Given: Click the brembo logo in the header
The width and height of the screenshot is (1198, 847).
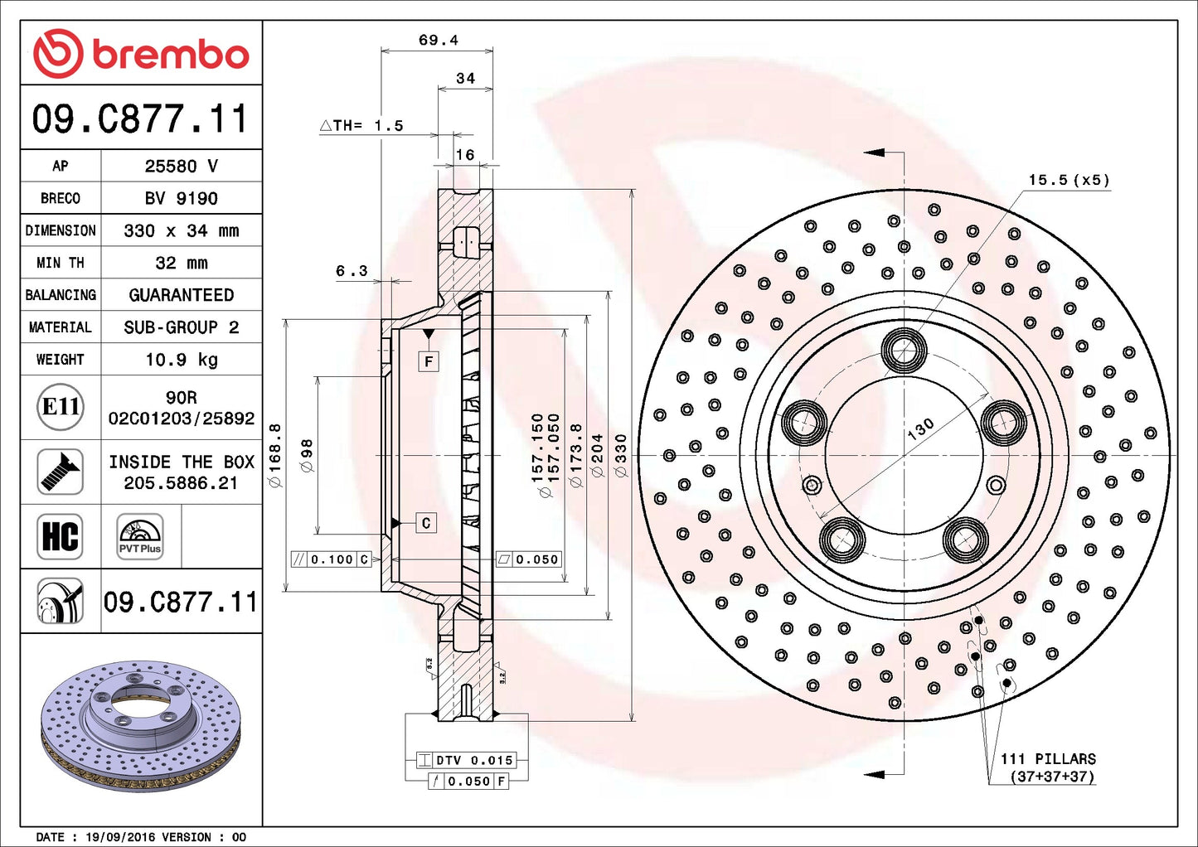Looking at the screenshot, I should point(141,54).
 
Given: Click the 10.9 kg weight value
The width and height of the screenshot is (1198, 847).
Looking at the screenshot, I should point(182,360).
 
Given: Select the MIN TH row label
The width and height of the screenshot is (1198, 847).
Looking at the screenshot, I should point(61,263).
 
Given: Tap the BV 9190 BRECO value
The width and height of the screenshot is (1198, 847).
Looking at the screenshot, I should point(182,198).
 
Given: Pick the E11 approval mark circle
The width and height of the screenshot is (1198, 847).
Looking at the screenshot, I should point(61,407).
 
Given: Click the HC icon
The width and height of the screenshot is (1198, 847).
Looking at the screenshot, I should point(61,536).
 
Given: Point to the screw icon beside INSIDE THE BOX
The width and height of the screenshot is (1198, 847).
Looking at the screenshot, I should point(61,472).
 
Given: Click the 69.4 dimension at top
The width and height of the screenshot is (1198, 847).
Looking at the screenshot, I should point(438,40).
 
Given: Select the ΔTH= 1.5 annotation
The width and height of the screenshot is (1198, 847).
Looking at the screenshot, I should point(362,126).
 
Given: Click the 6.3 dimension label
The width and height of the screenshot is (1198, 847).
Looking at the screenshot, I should point(352,271).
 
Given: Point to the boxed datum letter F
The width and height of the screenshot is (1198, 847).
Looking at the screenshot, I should point(429,361).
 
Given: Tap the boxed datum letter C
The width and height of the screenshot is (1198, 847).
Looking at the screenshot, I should point(425,523).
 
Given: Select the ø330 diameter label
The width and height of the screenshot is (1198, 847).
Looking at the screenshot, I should point(621,456).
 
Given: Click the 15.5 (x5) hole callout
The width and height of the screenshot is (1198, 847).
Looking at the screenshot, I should point(1068,180).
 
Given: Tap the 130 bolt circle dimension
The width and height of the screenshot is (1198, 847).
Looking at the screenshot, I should point(920,428).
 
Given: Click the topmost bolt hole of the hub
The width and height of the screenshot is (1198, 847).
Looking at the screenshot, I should point(904,351).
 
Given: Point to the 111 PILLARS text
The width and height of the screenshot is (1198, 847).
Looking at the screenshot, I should point(1047,759).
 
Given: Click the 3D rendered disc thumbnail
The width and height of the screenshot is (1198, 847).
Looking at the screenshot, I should point(140,725).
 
